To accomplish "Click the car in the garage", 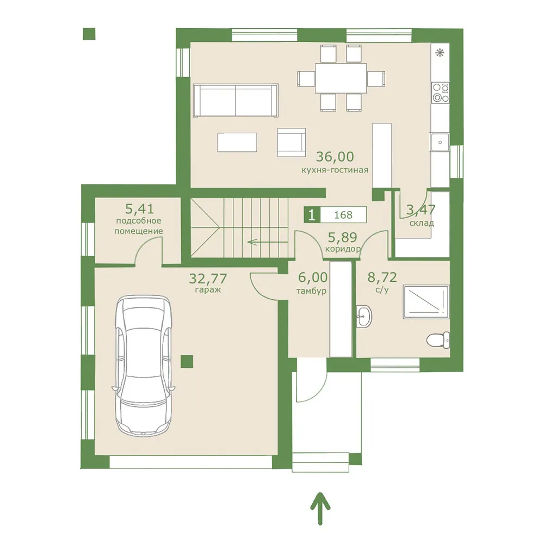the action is coord(143,365).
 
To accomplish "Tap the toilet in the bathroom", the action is coord(438,340).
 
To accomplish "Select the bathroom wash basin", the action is coord(364,316).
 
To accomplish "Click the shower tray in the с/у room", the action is coord(426,301).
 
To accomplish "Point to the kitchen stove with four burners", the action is coord(440,92).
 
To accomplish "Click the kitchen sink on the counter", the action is coord(440,142).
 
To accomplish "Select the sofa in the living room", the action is coord(236,100).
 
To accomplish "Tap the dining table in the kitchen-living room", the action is coord(341,78).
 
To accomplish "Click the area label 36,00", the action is coord(335,157).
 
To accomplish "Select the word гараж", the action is coord(208,290).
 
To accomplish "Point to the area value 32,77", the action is coord(208,278).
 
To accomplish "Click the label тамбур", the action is coord(311,290).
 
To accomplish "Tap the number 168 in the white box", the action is coord(343,215).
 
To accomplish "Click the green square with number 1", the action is coord(312,215).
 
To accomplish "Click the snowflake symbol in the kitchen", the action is coord(440,53).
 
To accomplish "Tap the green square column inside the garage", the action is coord(187,362).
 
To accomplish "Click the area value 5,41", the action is coord(139,209).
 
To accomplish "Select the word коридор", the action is coord(343,249).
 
